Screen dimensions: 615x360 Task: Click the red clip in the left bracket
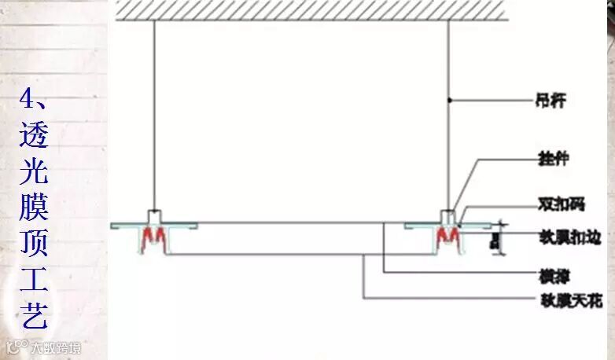(x=155, y=235)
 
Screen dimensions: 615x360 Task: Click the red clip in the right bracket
(x=447, y=235)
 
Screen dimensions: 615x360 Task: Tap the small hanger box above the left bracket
(x=154, y=215)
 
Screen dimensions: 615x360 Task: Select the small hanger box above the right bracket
(x=447, y=215)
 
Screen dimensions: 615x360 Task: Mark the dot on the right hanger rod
(x=448, y=101)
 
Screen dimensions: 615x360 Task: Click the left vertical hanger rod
(x=154, y=118)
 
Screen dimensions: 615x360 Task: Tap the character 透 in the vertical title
(x=33, y=134)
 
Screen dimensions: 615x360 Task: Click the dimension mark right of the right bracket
(x=495, y=239)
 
